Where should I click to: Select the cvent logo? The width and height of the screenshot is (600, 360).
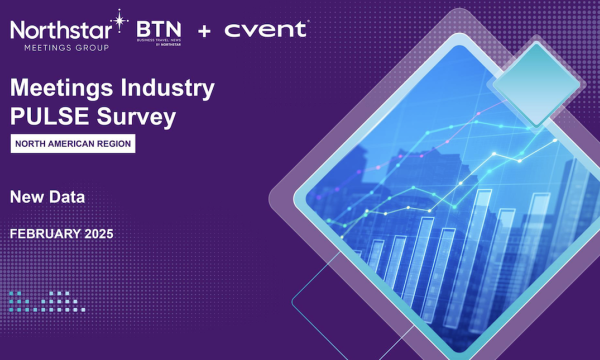tap(265, 29)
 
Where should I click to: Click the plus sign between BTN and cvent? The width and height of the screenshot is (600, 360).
tap(205, 31)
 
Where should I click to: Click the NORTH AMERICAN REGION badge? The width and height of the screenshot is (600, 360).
tap(72, 145)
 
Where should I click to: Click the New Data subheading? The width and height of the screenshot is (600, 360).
tap(47, 197)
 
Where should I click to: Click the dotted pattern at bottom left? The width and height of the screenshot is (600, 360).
tap(40, 300)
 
